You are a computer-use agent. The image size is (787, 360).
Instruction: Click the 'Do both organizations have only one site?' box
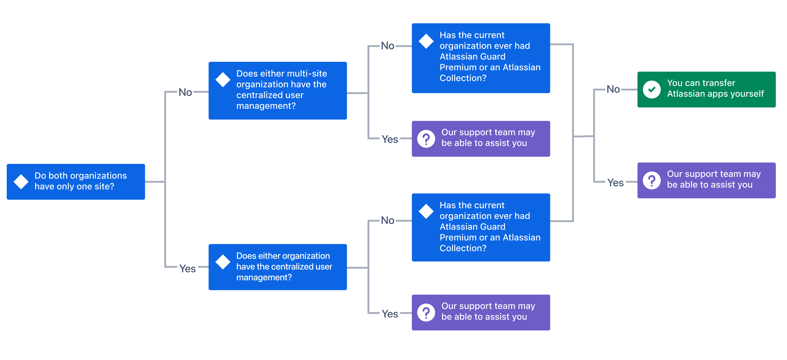76,182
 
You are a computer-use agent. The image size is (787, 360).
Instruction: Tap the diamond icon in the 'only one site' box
21,182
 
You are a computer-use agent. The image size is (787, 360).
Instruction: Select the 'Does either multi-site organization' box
277,90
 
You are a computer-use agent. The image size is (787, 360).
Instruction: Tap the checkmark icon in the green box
652,90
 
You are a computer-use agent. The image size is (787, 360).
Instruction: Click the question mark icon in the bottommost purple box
426,312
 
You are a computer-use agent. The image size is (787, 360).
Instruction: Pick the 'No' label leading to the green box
613,89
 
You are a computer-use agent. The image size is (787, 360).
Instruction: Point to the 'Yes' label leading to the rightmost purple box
615,182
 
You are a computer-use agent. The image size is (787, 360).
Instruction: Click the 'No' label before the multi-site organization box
185,92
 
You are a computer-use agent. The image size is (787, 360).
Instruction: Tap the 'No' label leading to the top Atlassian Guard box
387,46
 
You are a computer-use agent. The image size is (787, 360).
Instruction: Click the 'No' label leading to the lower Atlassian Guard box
387,220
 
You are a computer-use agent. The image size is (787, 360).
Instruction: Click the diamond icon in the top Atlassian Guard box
426,41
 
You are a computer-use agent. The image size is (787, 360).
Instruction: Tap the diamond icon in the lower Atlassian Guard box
426,211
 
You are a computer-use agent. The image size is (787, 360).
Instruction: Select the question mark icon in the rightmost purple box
652,180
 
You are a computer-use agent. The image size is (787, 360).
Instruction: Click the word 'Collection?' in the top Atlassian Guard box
462,78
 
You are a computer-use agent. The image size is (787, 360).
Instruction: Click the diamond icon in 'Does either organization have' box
223,262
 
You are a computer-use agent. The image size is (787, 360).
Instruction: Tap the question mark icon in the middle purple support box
426,139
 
